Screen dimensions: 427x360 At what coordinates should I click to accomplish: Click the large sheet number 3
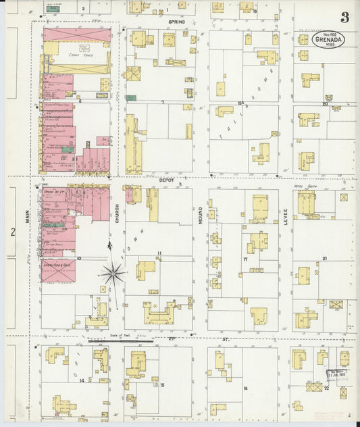[x=344, y=17]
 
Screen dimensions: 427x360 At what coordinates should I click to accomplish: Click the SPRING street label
[x=177, y=22]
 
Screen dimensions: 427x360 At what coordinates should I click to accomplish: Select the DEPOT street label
[x=167, y=181]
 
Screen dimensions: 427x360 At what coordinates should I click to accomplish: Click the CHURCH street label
[x=117, y=214]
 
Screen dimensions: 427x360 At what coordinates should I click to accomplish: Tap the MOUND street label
[x=201, y=216]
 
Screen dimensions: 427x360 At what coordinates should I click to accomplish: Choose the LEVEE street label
[x=285, y=216]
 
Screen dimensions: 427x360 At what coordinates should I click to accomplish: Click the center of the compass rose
[x=112, y=274]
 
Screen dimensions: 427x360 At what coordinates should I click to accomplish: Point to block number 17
[x=245, y=259]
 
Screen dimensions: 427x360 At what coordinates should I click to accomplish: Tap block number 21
[x=325, y=259]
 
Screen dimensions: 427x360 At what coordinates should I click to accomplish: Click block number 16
[x=245, y=388]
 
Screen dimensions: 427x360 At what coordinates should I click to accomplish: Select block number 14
[x=82, y=380]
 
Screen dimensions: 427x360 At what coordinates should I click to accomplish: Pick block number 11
[x=159, y=253]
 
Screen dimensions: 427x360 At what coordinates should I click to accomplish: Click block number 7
[x=162, y=102]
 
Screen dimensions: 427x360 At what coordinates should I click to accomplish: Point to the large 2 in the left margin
[x=12, y=232]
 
